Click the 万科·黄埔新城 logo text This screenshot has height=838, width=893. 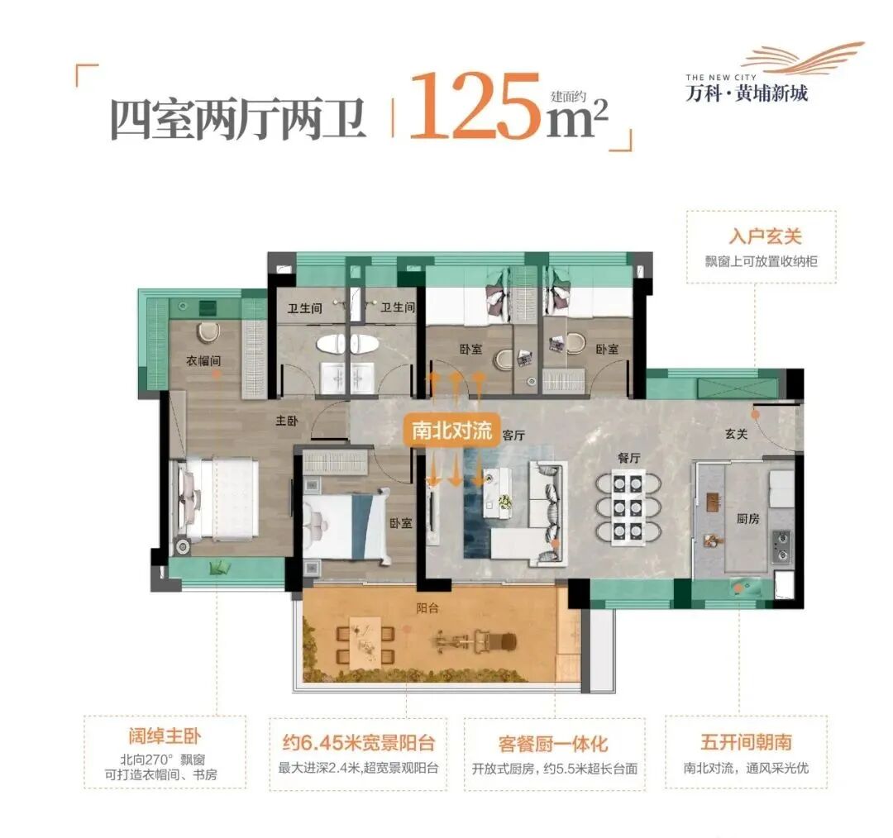point(747,93)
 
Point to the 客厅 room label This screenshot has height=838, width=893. point(514,436)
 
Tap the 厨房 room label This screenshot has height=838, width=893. point(748,519)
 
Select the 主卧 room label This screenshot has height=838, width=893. point(286,421)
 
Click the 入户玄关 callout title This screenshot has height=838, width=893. point(760,237)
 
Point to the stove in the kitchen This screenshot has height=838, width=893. point(781,545)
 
